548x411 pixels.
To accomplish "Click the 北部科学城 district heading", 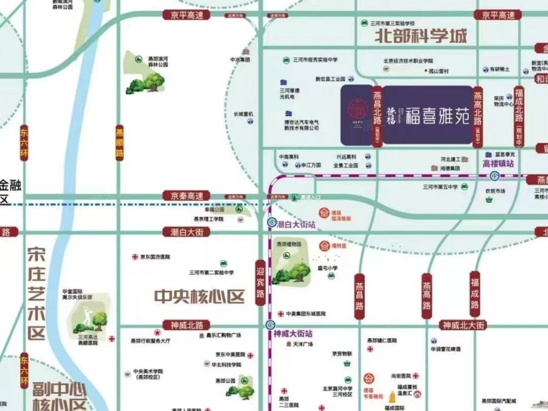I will click(x=421, y=37).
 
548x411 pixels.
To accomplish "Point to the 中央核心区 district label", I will click(x=199, y=297).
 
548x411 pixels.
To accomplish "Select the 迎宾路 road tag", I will click(x=261, y=283).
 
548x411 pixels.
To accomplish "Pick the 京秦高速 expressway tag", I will click(x=186, y=196).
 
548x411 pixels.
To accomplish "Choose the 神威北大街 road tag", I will click(x=465, y=325).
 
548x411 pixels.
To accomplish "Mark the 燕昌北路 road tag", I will click(x=377, y=117).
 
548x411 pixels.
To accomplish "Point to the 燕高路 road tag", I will click(x=427, y=296).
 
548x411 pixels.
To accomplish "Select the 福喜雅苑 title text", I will click(x=437, y=116).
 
